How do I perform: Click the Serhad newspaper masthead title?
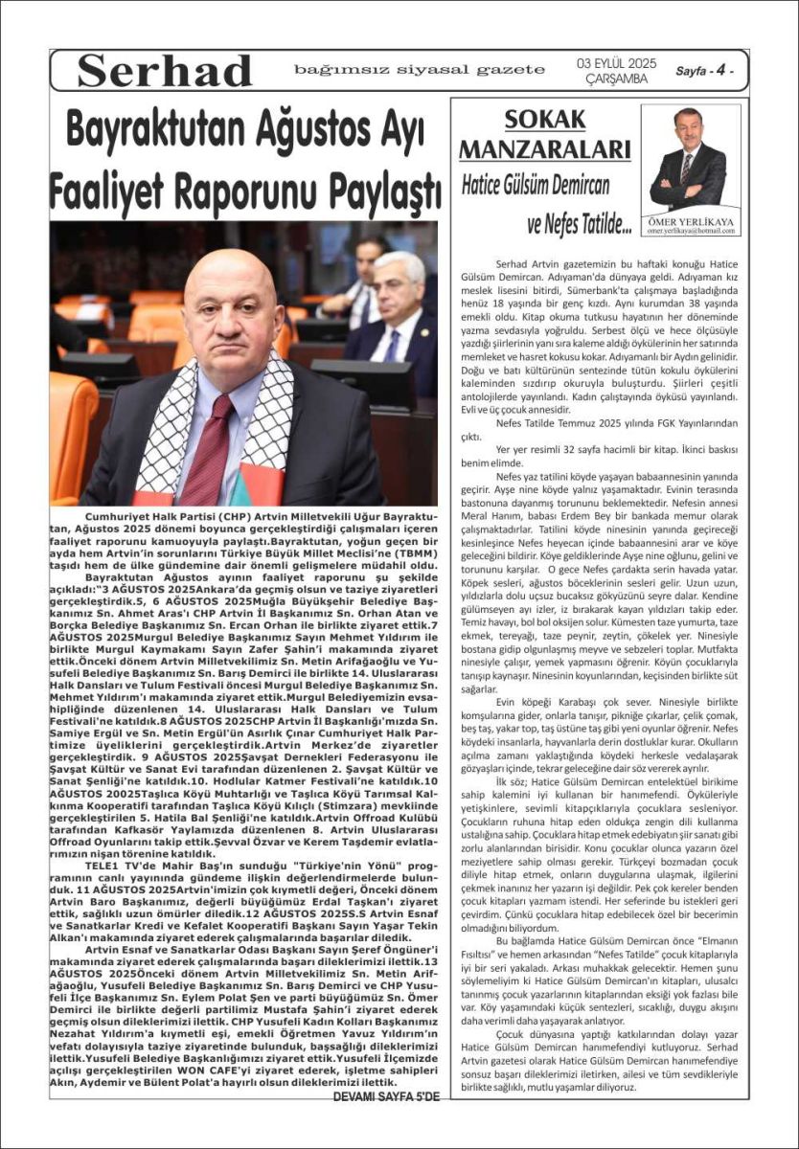(164, 71)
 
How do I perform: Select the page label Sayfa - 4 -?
(705, 71)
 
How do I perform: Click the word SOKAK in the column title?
(544, 121)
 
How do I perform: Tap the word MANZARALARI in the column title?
(544, 149)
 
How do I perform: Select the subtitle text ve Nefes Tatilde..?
(579, 226)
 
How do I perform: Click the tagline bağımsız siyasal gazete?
(420, 70)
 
